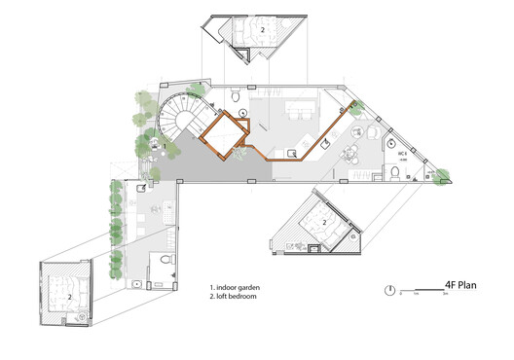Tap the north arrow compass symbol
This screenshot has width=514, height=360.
pyautogui.click(x=390, y=290)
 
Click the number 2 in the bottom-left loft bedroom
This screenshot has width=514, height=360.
pyautogui.click(x=70, y=295)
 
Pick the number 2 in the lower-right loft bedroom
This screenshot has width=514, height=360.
pyautogui.click(x=324, y=223)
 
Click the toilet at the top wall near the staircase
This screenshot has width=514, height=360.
pyautogui.click(x=234, y=97)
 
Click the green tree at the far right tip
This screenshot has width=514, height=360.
pyautogui.click(x=442, y=177)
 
